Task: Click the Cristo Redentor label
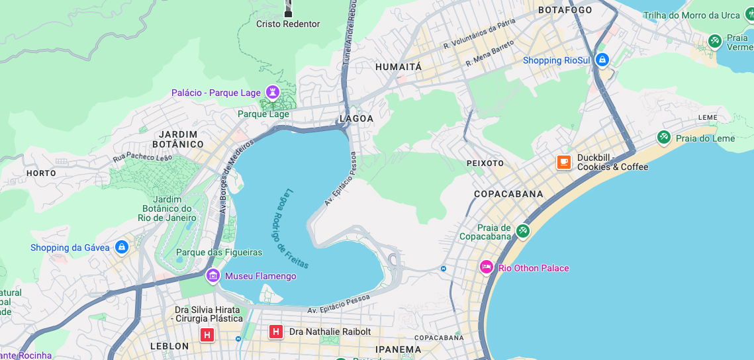pyautogui.click(x=288, y=24)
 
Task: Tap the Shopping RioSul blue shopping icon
pyautogui.click(x=602, y=60)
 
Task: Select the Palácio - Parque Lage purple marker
pyautogui.click(x=272, y=91)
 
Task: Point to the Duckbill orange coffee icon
pyautogui.click(x=564, y=161)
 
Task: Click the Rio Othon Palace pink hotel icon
pyautogui.click(x=487, y=267)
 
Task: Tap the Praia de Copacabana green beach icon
pyautogui.click(x=523, y=231)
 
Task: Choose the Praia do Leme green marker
pyautogui.click(x=663, y=137)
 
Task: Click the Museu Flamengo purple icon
pyautogui.click(x=213, y=275)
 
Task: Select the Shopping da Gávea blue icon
pyautogui.click(x=121, y=247)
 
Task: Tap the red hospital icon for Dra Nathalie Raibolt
pyautogui.click(x=276, y=332)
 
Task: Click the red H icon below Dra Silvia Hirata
pyautogui.click(x=207, y=335)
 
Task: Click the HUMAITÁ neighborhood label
pyautogui.click(x=398, y=67)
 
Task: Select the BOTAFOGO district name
pyautogui.click(x=565, y=10)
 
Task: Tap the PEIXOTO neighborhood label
pyautogui.click(x=485, y=163)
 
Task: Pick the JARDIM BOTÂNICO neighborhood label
pyautogui.click(x=178, y=139)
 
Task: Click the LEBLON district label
pyautogui.click(x=169, y=346)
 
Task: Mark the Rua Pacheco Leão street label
pyautogui.click(x=142, y=157)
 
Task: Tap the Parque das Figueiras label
pyautogui.click(x=219, y=252)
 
